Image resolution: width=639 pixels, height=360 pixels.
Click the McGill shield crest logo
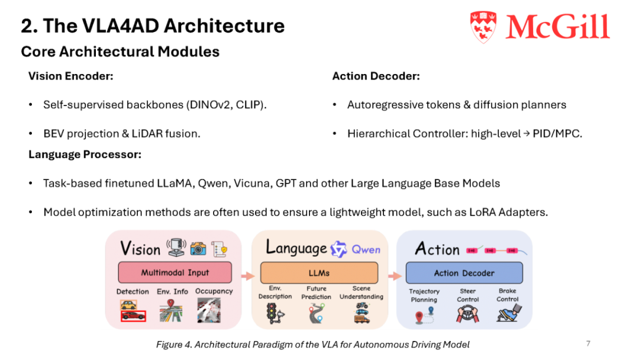[x=483, y=27]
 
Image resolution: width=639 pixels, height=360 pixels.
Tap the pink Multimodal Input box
[x=175, y=272]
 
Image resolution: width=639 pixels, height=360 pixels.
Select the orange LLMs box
[x=319, y=273]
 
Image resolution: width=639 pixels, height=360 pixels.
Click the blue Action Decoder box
[x=464, y=273]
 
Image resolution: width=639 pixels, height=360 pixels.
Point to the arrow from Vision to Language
[x=248, y=276]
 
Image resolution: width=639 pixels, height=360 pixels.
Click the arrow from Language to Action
[x=395, y=276]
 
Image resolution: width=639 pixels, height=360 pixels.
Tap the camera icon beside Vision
[x=198, y=248]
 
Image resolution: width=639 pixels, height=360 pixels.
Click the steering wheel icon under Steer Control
[x=467, y=314]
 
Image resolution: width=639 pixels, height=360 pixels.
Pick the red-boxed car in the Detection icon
[x=133, y=316]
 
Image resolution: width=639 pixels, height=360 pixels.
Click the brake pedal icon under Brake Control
[x=509, y=313]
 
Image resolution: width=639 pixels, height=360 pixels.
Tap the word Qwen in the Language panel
[x=366, y=249]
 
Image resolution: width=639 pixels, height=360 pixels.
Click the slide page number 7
[x=588, y=343]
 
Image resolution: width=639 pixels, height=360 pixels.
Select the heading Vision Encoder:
[x=71, y=76]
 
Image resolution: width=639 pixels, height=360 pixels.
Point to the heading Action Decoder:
[x=376, y=76]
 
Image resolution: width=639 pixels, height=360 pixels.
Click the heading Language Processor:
[x=85, y=155]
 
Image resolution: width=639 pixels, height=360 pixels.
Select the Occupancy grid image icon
[x=209, y=310]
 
